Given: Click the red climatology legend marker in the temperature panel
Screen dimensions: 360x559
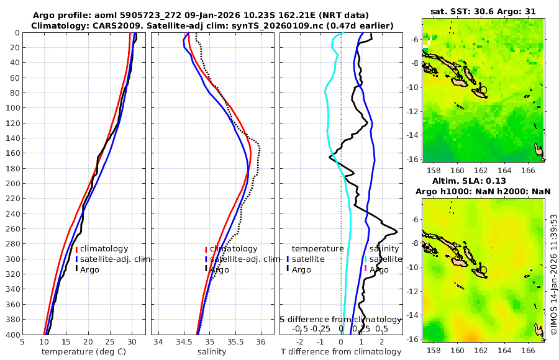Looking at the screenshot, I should click(x=77, y=250).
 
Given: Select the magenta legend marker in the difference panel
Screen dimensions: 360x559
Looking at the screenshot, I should click(x=366, y=269).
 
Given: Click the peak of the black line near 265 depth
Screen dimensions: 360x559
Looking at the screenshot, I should click(x=396, y=232).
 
